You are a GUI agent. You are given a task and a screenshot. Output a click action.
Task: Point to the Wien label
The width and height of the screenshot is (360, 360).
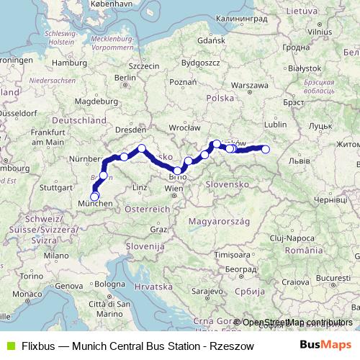pyautogui.click(x=174, y=188)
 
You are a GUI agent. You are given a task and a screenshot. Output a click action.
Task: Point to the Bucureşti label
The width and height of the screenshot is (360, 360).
pyautogui.click(x=331, y=277)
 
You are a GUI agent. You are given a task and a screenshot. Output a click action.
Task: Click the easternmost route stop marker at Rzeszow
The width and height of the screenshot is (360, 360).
pyautogui.click(x=266, y=150)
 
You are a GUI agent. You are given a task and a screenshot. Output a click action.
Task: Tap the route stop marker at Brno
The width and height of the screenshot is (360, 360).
pyautogui.click(x=178, y=171)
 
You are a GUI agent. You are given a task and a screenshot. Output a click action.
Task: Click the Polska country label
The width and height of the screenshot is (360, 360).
pyautogui.click(x=220, y=97)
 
